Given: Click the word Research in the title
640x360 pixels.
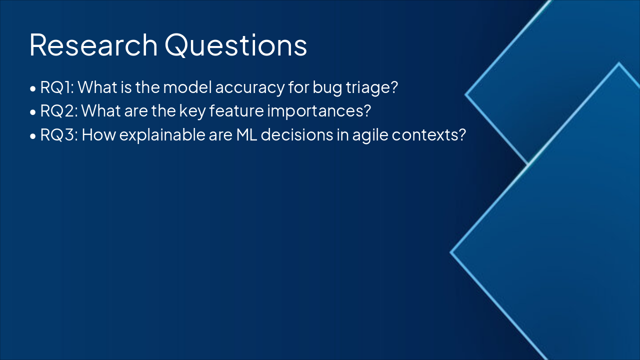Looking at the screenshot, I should click(x=93, y=45).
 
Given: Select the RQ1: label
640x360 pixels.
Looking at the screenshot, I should click(x=57, y=87).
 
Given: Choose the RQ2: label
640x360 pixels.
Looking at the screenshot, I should click(x=58, y=111).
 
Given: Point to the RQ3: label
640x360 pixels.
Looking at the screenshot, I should click(x=59, y=134).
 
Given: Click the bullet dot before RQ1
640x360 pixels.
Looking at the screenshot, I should click(x=32, y=89).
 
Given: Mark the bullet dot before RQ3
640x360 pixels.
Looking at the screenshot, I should click(x=32, y=136).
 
